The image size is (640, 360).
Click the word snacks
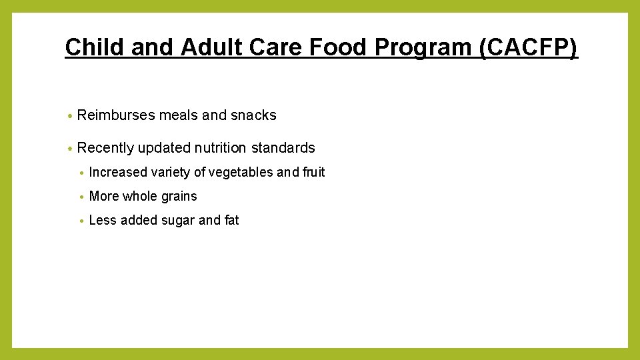coord(253,115)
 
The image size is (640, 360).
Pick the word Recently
coord(105,148)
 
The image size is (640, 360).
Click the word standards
coord(283,148)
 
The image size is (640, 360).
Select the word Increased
coord(118,172)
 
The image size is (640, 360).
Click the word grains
coord(179,196)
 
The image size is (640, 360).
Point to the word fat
coord(231,220)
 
